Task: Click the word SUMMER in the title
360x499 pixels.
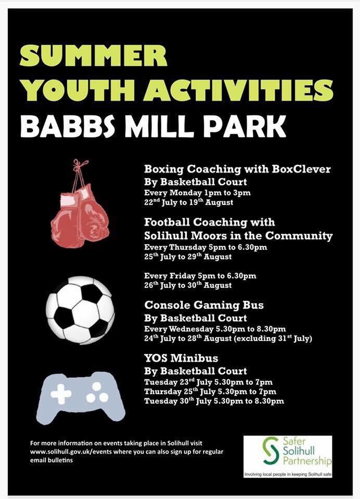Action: (94, 56)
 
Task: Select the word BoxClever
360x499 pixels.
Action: (301, 169)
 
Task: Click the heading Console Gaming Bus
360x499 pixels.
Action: (203, 305)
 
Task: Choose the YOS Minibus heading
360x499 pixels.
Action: (181, 358)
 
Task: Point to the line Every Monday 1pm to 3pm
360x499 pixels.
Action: (197, 192)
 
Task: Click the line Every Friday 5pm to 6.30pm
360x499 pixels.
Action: (200, 275)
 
